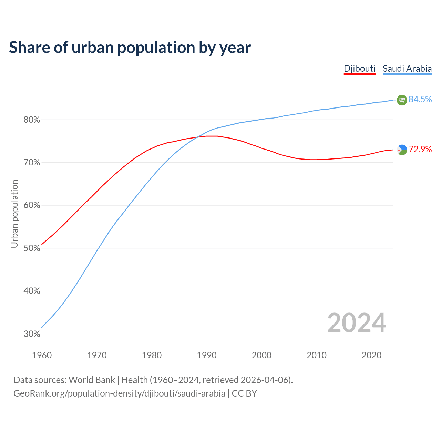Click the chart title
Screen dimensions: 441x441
click(x=130, y=48)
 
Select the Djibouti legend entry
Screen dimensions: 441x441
click(x=359, y=69)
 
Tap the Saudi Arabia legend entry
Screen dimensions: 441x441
click(x=407, y=69)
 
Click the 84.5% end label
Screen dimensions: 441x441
click(x=420, y=100)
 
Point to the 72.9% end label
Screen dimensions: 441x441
click(x=420, y=149)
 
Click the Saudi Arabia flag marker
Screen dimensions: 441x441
click(x=402, y=100)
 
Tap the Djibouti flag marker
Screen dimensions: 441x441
click(x=402, y=150)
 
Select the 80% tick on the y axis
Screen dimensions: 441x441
click(x=32, y=120)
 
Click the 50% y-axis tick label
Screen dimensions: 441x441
click(x=32, y=248)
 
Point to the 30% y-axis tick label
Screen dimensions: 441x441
click(x=32, y=334)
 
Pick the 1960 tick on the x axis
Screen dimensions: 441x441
click(x=42, y=355)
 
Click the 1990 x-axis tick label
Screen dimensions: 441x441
click(x=207, y=355)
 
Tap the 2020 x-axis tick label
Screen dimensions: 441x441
click(x=371, y=355)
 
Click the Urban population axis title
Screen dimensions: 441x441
click(x=14, y=214)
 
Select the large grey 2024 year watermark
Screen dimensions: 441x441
click(x=357, y=323)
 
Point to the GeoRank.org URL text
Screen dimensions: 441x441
click(x=119, y=393)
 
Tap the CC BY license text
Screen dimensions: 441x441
click(x=244, y=393)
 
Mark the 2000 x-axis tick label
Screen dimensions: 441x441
click(x=261, y=355)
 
